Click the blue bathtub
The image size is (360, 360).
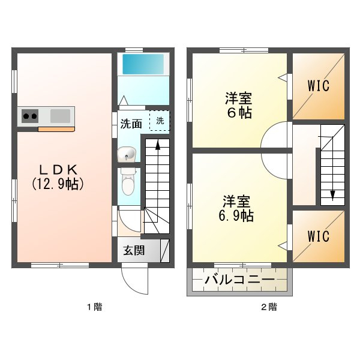click(143, 64)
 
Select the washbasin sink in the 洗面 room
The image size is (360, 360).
click(127, 154)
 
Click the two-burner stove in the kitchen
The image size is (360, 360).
click(30, 116)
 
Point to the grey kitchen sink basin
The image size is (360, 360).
click(61, 116)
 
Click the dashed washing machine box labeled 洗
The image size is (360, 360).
click(160, 121)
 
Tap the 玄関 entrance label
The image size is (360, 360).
click(134, 250)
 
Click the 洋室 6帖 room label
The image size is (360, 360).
click(239, 106)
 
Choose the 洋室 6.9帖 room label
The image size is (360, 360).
click(236, 208)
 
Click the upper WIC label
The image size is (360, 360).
click(319, 86)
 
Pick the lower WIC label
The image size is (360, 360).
click(319, 236)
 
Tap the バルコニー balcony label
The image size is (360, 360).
click(239, 280)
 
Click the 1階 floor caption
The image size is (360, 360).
click(94, 307)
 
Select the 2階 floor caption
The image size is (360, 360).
click(269, 307)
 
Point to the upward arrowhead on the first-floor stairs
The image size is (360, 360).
click(158, 145)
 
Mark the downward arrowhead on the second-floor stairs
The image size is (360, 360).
click(333, 196)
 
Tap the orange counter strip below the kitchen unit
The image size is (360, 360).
click(56, 129)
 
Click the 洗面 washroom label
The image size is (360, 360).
click(131, 124)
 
